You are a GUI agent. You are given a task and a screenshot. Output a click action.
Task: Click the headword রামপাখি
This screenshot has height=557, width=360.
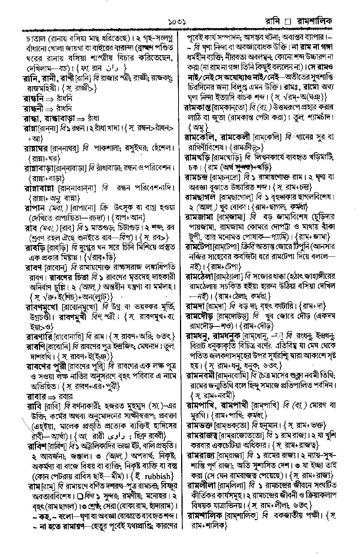[x=202, y=405]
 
